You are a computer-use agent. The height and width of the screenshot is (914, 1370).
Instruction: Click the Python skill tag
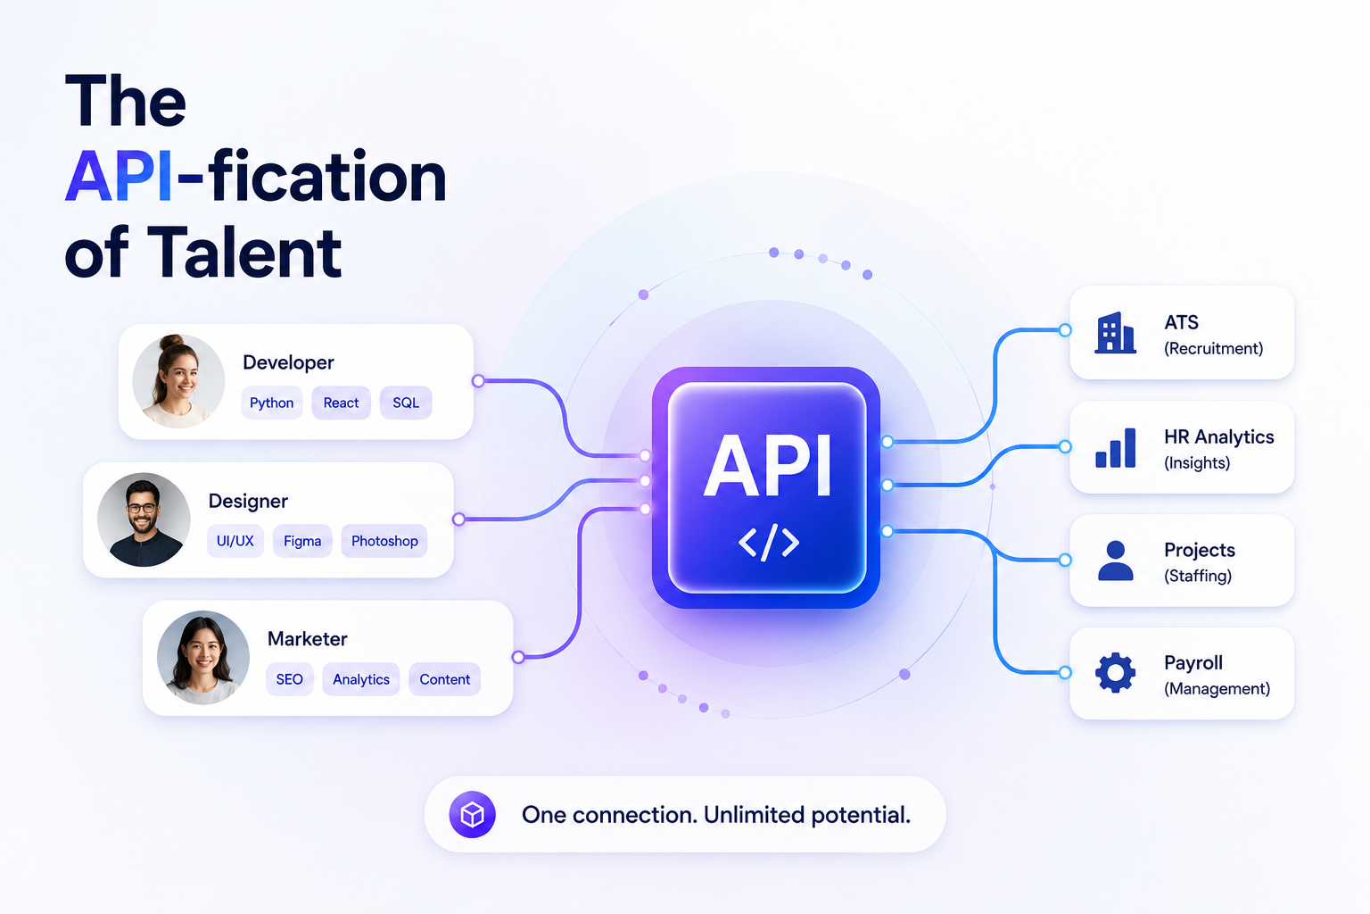coord(271,403)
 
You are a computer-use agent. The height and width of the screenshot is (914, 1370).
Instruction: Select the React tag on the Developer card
coord(341,403)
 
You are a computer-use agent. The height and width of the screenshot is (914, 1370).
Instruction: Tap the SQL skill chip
coord(406,403)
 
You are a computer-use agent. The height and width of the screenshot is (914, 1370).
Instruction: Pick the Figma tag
coord(302,541)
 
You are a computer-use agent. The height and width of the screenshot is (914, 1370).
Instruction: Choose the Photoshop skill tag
coord(384,541)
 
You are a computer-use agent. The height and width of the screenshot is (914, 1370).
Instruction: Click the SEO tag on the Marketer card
coord(289,679)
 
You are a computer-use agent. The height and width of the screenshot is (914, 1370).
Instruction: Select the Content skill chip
coord(445,679)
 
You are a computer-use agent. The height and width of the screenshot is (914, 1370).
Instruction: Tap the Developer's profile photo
coord(178,381)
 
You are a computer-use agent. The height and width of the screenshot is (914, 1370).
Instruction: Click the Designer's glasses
coord(142,508)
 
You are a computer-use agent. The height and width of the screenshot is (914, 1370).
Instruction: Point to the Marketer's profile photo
coord(203,658)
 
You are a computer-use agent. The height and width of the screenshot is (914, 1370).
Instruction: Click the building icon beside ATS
coord(1115,333)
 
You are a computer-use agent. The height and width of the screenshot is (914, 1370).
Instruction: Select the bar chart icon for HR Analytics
coord(1116,448)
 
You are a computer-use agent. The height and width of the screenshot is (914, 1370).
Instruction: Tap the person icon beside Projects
coord(1116,561)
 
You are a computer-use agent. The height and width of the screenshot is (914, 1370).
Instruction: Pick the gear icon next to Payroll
coord(1116,673)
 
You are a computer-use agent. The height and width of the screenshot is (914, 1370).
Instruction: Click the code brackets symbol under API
coord(769,543)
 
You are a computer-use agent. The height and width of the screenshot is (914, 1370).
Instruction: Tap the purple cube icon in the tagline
coord(472,815)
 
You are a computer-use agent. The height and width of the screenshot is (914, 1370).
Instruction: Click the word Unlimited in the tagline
coord(754,815)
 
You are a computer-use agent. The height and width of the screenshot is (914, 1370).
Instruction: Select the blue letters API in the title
coord(119,177)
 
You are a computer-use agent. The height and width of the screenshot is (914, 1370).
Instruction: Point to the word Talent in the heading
coord(244,253)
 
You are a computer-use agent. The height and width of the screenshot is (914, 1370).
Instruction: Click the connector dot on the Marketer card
coord(518,658)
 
